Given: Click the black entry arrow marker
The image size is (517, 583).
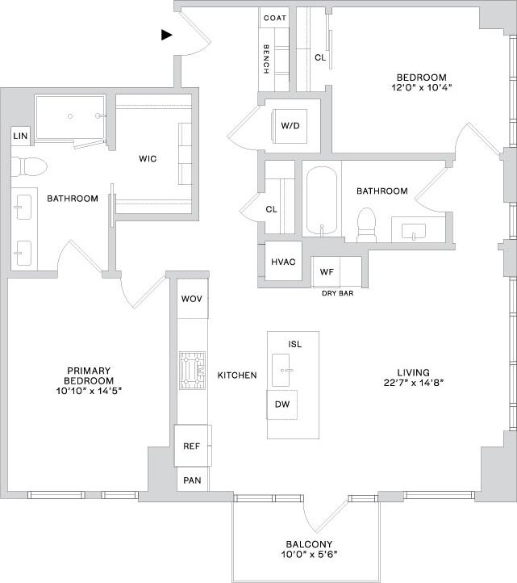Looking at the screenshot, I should pos(167,35).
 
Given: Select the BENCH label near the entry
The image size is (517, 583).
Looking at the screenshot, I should pos(266,60).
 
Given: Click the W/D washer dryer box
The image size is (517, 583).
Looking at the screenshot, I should pos(290,125).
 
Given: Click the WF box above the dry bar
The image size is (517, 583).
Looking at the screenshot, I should pos(327,271).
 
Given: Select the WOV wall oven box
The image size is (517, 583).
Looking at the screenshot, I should pos(192,299).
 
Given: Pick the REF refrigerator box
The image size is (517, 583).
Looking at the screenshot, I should pos(192,445).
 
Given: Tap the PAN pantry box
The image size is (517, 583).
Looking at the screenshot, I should pos(192,480).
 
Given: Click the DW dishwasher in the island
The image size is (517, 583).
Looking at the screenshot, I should pos(281,404).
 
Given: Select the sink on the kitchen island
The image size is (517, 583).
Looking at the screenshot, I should pos(283,369).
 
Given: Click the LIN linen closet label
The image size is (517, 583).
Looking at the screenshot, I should pos(20,136).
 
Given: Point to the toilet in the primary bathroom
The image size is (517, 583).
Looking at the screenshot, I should pos(28,166).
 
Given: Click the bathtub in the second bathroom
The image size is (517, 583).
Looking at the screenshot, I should pos(322,202).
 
